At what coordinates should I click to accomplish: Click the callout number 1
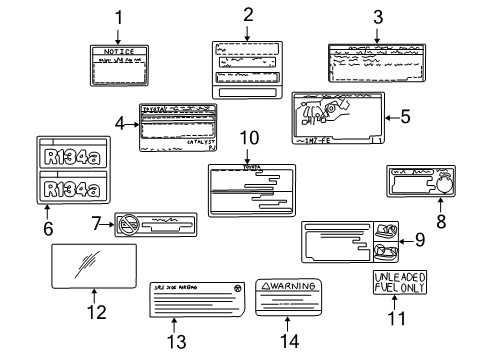[118, 16]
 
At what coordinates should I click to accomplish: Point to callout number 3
[377, 16]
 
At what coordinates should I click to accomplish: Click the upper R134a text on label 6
[66, 155]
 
